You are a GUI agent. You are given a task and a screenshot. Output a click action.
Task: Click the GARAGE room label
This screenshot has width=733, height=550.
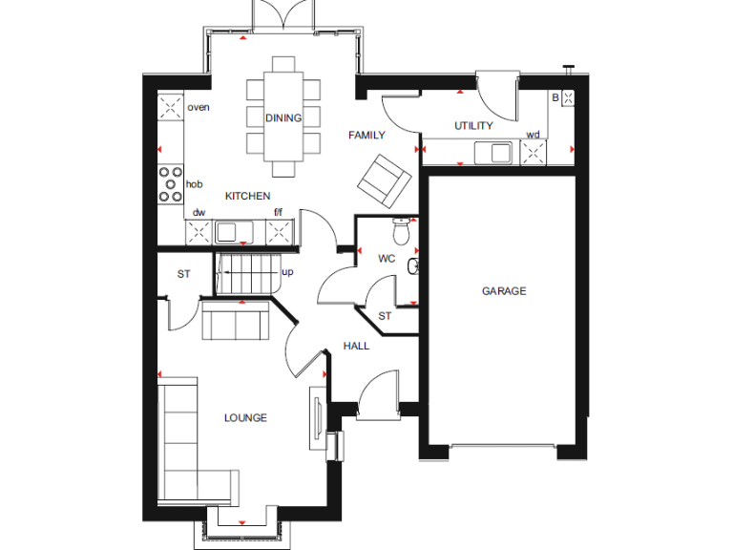point(503,291)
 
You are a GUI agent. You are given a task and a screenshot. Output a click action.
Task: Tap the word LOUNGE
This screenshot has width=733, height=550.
point(245,418)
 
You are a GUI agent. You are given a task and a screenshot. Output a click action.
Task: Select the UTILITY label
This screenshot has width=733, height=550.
point(473,126)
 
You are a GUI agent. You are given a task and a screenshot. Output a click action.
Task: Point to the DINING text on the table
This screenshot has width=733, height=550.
point(283,118)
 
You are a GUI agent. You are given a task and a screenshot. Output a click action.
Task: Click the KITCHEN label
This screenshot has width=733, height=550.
point(247,196)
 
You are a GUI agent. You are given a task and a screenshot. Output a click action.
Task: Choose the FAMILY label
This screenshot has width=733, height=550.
point(366,136)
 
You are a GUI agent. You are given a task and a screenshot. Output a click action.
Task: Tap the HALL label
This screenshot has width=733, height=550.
point(356,346)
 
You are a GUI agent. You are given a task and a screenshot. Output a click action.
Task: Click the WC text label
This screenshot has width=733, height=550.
point(387,259)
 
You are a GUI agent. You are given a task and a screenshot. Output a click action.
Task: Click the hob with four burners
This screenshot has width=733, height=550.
point(171,184)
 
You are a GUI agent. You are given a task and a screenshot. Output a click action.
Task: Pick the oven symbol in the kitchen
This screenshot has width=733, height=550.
point(171,106)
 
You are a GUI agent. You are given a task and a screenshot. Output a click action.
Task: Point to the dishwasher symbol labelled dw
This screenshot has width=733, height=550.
point(199,230)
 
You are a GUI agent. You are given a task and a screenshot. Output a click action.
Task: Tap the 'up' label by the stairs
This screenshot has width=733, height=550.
point(287,272)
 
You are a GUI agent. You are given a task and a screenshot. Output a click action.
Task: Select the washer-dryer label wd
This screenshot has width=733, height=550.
point(533,135)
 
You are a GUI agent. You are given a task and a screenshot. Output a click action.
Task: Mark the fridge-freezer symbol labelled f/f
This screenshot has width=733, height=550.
point(279,230)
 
